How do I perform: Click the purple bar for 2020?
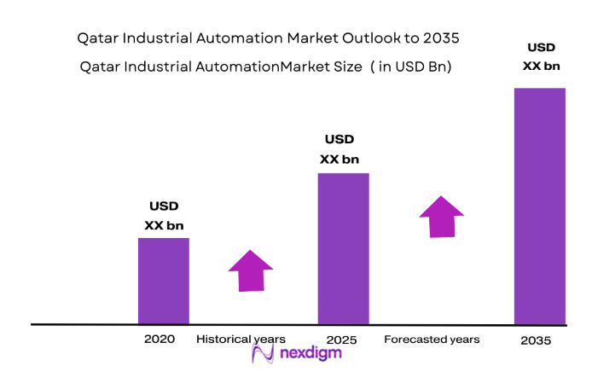(163, 281)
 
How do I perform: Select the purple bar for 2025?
(343, 248)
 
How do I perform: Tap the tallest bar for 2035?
(539, 206)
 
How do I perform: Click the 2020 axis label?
(160, 339)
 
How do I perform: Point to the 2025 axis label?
(340, 340)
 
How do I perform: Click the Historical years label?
(241, 339)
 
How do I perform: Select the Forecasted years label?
(432, 339)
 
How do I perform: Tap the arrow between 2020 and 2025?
(251, 270)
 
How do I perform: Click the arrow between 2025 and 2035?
(441, 217)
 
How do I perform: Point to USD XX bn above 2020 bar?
(164, 216)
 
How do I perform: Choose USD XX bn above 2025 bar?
(339, 149)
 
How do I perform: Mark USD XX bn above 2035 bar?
(542, 55)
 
